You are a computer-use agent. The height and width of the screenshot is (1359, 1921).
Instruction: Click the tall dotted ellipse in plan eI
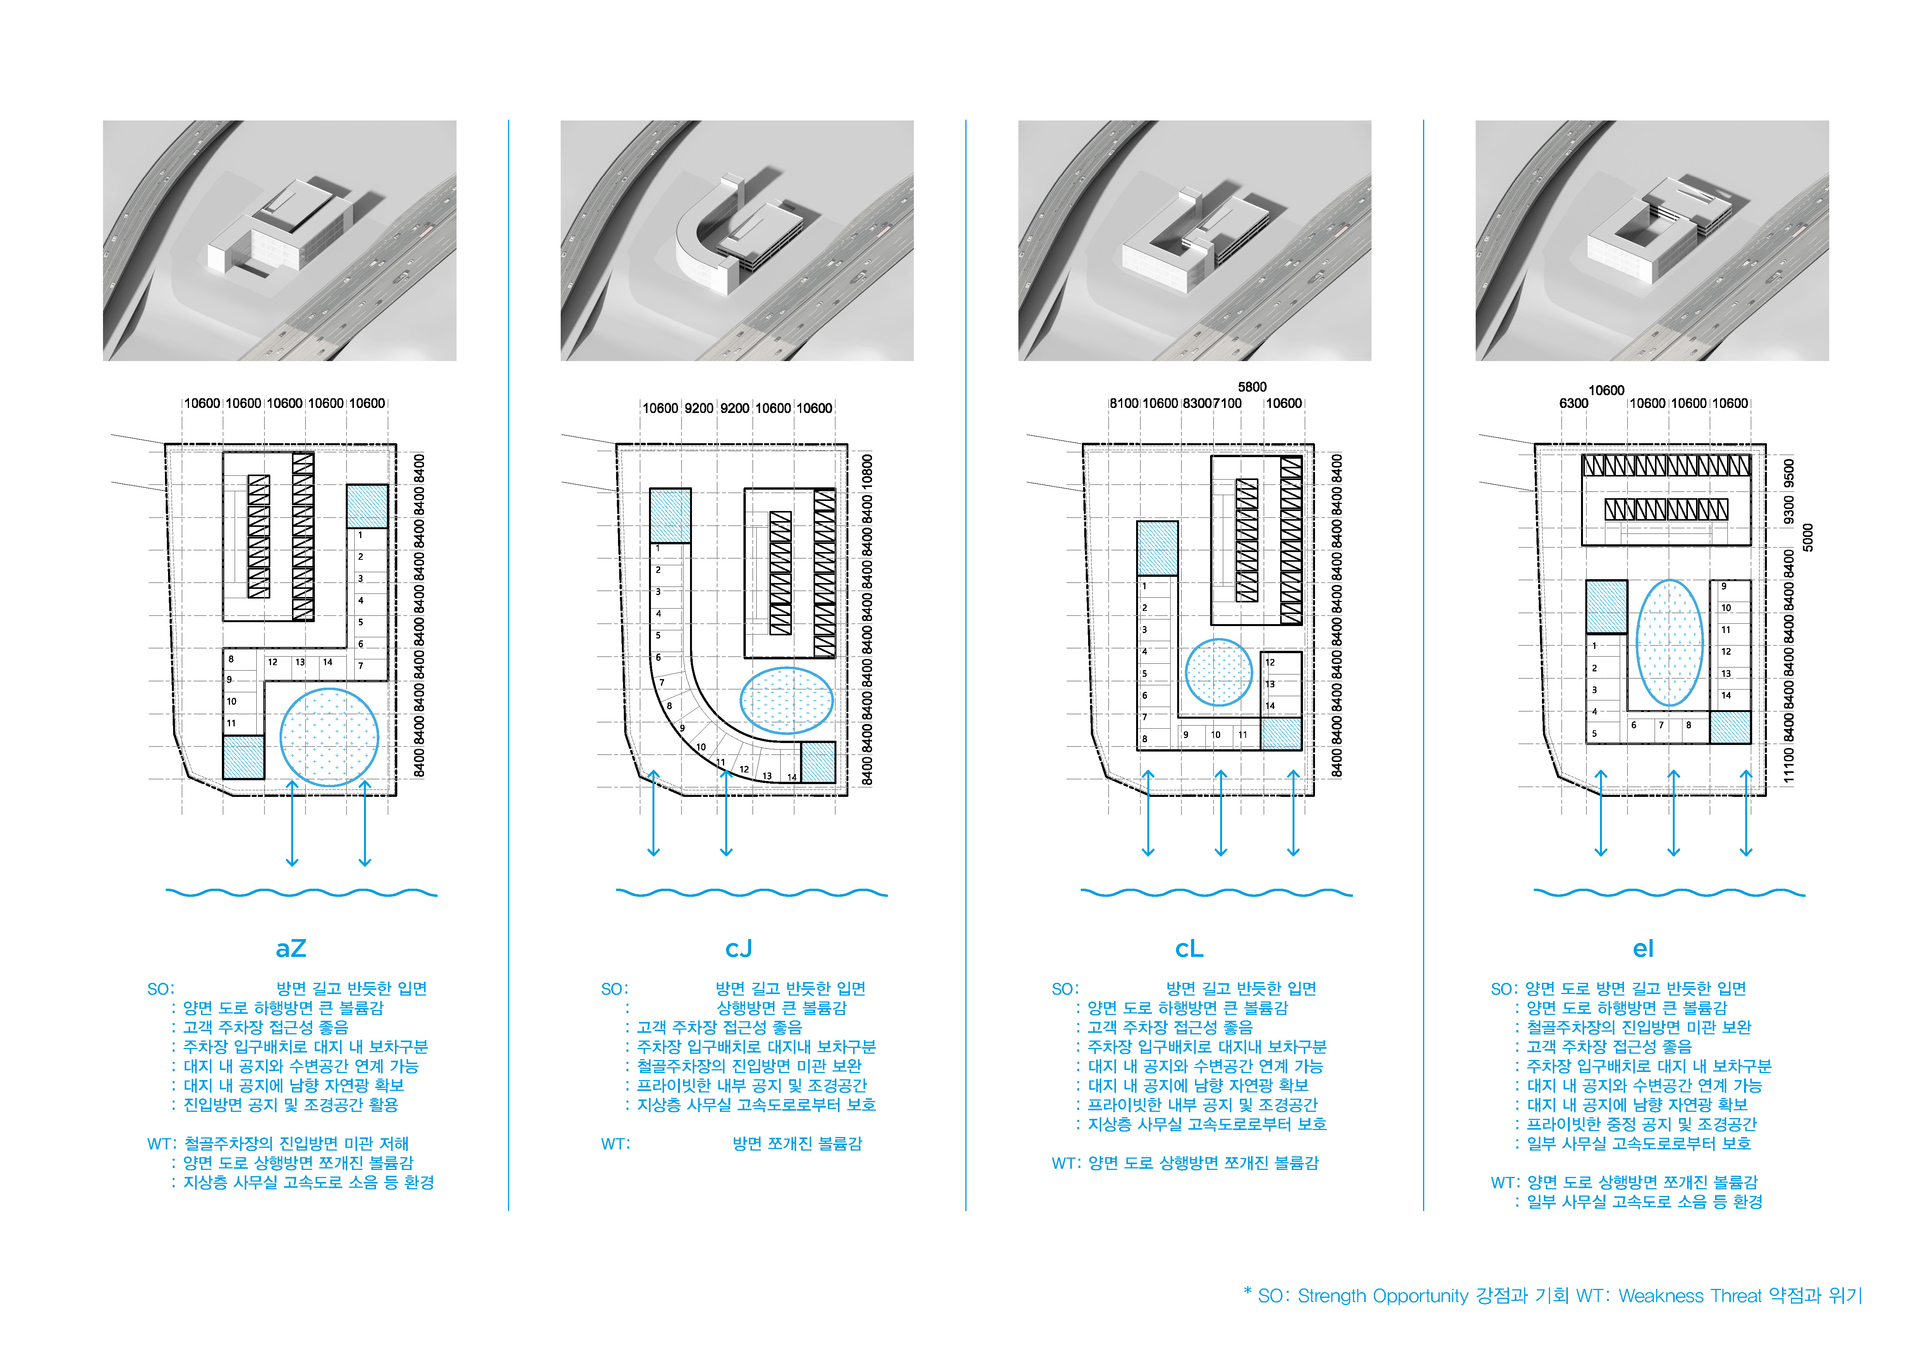(x=1669, y=643)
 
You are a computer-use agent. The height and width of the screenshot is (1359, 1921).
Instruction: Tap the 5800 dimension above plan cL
(x=1251, y=387)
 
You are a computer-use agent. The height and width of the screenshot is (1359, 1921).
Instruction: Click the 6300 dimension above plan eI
(x=1573, y=403)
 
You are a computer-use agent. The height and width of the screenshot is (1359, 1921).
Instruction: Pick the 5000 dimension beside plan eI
(x=1808, y=537)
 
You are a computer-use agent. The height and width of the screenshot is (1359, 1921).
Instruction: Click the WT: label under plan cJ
(x=615, y=1144)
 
